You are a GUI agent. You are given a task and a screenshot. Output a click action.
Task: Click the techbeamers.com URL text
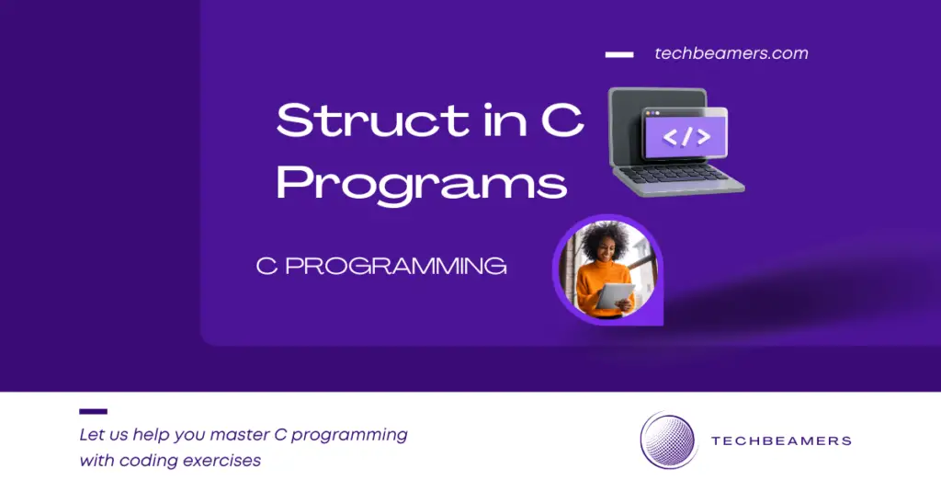click(x=731, y=53)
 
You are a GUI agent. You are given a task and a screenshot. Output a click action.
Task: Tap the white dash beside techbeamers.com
click(x=618, y=54)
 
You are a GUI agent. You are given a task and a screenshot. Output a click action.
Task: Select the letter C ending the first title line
click(x=562, y=121)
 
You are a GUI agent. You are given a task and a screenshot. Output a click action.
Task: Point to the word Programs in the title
click(x=421, y=183)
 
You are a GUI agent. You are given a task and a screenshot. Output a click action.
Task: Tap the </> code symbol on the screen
click(x=686, y=137)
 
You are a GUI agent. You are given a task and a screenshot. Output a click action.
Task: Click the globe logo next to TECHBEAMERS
click(x=668, y=441)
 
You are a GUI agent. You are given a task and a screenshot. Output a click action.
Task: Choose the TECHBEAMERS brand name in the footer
click(x=781, y=441)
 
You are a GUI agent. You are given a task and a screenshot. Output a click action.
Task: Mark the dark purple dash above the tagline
click(x=93, y=411)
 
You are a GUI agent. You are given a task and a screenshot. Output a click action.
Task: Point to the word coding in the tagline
click(x=149, y=461)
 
